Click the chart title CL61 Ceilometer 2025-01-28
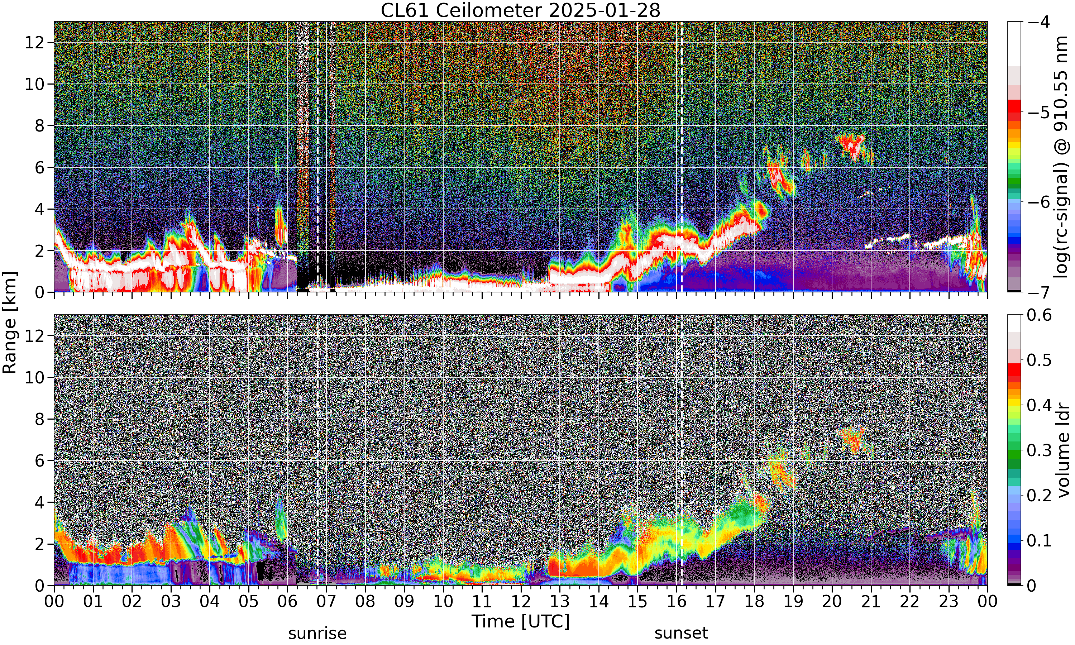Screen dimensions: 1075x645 (x=520, y=10)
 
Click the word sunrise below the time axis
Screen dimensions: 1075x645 (x=317, y=633)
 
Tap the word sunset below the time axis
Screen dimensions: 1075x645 (x=681, y=633)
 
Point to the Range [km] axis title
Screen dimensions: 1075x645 (x=10, y=322)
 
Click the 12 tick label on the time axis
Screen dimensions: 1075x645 (x=521, y=602)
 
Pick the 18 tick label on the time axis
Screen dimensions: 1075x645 (x=754, y=602)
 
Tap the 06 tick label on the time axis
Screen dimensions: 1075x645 (x=287, y=602)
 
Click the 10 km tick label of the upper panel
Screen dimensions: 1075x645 (x=35, y=84)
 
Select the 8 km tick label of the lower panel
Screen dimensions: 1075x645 (x=40, y=419)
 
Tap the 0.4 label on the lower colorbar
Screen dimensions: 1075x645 (x=1040, y=405)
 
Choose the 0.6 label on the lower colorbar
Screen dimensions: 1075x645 (x=1040, y=315)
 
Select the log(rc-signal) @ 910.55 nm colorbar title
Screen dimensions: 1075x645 (x=1061, y=157)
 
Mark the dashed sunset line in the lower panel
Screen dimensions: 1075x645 (x=681, y=450)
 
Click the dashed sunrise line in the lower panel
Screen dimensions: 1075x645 (x=317, y=450)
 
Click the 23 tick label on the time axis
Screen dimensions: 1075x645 (x=949, y=602)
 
